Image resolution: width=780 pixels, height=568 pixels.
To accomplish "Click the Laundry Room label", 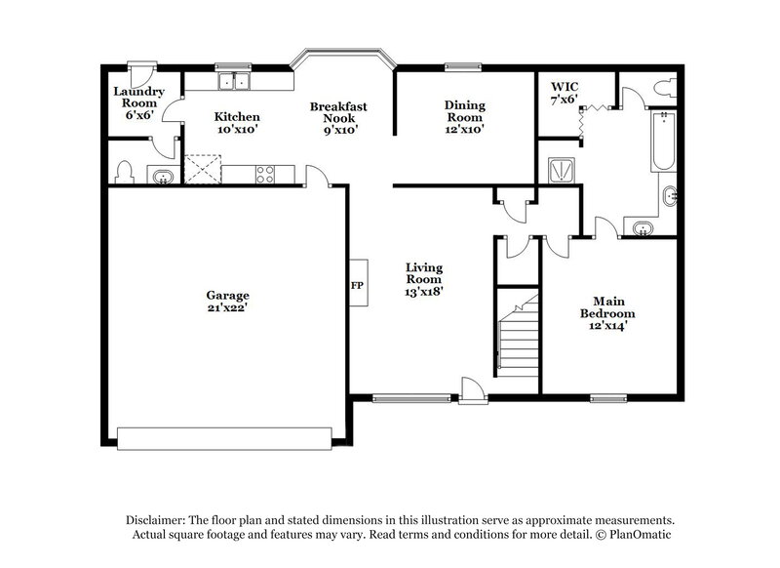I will tap(141, 101).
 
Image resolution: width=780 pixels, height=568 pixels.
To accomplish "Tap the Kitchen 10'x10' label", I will tap(237, 123).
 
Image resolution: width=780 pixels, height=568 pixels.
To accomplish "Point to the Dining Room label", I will tap(465, 116).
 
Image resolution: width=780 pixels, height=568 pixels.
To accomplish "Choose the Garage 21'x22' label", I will tap(227, 302).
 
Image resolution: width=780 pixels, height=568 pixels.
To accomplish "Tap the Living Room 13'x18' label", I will tap(425, 279).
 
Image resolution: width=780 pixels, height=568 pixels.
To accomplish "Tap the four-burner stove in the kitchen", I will tap(264, 174).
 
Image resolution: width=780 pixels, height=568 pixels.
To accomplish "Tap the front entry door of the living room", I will tap(472, 390).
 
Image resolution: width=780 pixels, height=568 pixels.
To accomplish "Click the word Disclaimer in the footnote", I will tap(154, 520).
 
